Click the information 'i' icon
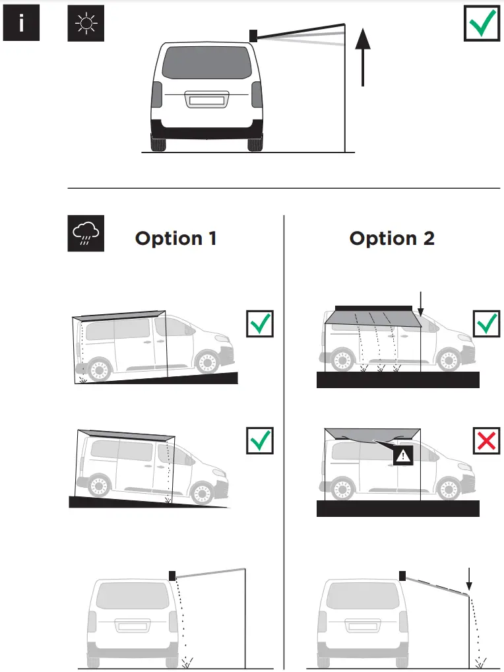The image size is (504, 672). pyautogui.click(x=22, y=24)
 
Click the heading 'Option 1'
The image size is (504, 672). pyautogui.click(x=175, y=238)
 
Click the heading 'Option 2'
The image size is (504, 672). pyautogui.click(x=392, y=238)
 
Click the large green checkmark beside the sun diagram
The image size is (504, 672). pyautogui.click(x=482, y=25)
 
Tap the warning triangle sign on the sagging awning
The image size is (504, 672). pyautogui.click(x=402, y=455)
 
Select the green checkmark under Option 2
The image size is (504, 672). pyautogui.click(x=487, y=323)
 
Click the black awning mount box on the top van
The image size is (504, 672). pyautogui.click(x=253, y=35)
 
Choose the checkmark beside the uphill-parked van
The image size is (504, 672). pyautogui.click(x=260, y=323)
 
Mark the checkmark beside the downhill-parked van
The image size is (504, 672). pyautogui.click(x=260, y=440)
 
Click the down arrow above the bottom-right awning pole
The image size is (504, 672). pyautogui.click(x=468, y=578)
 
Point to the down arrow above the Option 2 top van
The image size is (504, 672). pyautogui.click(x=420, y=302)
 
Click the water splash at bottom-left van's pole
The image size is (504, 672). pyautogui.click(x=187, y=660)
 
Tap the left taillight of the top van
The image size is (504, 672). pyautogui.click(x=156, y=98)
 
